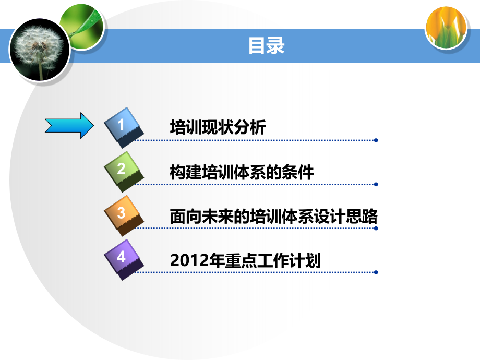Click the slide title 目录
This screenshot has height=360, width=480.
coord(266,46)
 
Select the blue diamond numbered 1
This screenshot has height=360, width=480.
coord(123,126)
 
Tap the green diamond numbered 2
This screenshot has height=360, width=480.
coord(123,170)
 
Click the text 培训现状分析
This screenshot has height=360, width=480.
coord(218,127)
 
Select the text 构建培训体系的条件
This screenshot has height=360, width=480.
coord(242,172)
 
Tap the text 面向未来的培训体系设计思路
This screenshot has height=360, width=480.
coord(273,216)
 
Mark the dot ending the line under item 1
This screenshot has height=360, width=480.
coord(376,140)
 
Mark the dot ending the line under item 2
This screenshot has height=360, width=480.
coord(376,184)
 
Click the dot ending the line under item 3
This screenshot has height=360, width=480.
coord(376,228)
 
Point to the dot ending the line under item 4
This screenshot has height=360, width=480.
coord(376,272)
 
